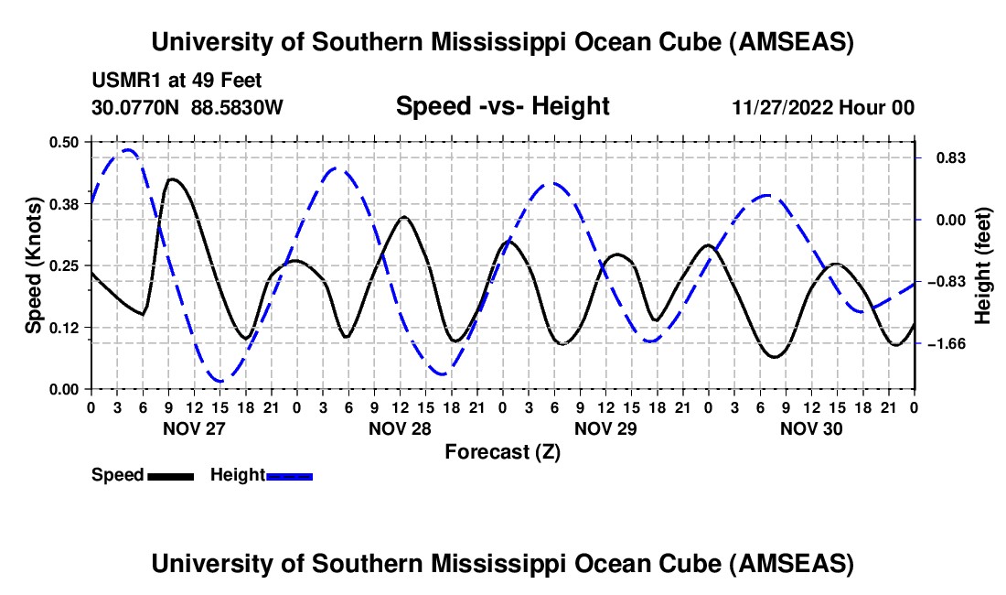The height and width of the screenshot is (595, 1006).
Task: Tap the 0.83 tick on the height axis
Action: [x=917, y=157]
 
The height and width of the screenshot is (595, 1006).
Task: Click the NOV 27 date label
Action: [x=193, y=428]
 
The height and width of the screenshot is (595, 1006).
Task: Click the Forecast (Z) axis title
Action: [x=502, y=451]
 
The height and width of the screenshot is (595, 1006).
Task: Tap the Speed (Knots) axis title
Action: [x=33, y=265]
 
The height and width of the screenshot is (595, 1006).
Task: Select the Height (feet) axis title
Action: [x=983, y=265]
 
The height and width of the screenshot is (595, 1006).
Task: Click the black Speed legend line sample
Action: [x=171, y=475]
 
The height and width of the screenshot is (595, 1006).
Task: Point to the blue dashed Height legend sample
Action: [x=290, y=475]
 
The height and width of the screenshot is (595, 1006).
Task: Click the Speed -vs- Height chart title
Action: [x=502, y=106]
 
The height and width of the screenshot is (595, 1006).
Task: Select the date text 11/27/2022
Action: [x=782, y=108]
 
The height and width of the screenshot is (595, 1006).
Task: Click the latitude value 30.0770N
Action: [x=137, y=108]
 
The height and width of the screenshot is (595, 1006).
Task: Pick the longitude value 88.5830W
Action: [x=237, y=108]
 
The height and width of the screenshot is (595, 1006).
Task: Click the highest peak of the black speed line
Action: [x=171, y=179]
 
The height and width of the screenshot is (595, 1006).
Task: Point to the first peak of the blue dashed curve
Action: [x=128, y=149]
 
